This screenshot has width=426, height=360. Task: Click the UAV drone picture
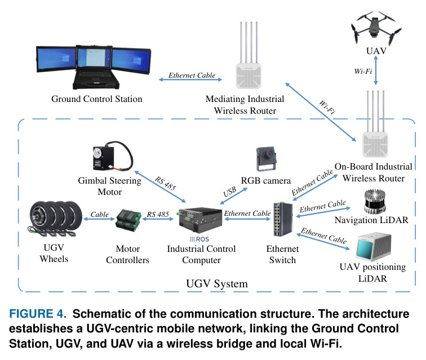376,28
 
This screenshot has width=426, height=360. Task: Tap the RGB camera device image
266,159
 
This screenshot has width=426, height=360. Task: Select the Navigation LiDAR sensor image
375,201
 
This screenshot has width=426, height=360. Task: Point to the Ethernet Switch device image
283,219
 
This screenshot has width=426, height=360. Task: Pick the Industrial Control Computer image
201,220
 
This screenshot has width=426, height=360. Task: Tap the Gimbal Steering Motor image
113,155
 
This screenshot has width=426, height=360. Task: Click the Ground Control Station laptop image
93,67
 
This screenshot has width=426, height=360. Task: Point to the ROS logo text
199,239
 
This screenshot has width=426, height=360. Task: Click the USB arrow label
229,192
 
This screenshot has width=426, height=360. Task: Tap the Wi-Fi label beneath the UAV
363,71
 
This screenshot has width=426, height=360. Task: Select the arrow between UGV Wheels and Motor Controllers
99,219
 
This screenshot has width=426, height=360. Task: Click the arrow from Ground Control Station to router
190,79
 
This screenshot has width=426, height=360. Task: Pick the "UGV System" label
217,283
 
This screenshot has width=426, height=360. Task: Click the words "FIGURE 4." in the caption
38,314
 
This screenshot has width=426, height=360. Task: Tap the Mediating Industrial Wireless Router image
248,55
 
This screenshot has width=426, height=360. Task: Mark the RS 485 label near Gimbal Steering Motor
166,184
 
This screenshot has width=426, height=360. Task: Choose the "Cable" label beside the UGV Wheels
99,215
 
